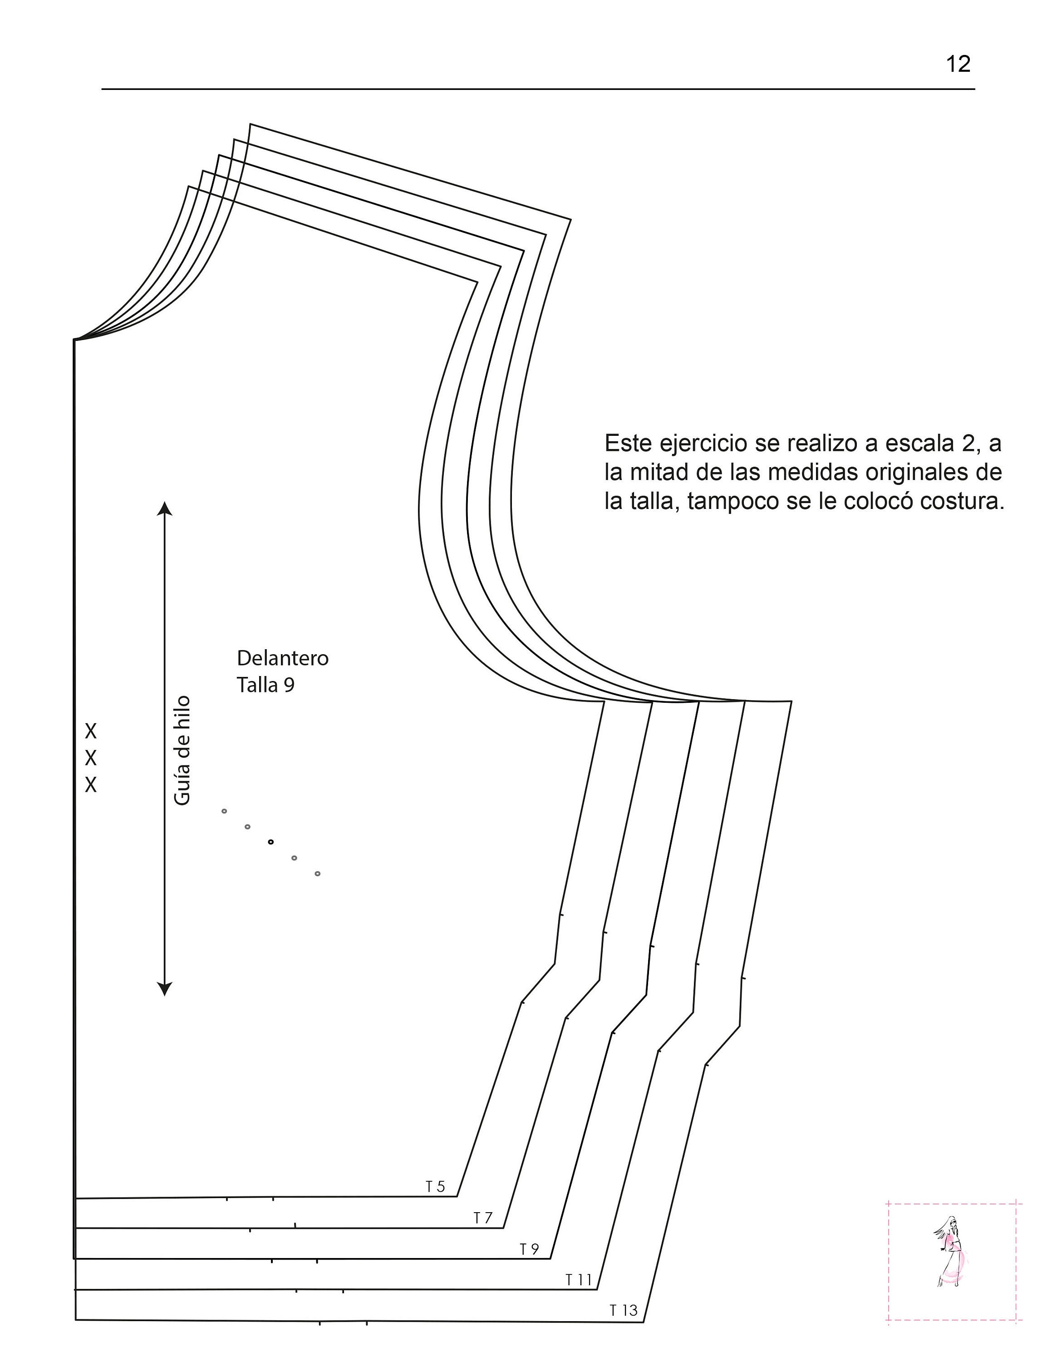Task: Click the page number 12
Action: coord(959,64)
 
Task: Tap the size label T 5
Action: coord(436,1186)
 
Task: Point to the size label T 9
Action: coord(530,1248)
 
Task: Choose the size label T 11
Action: coord(578,1280)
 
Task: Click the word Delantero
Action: coord(282,658)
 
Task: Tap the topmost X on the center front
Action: coord(91,730)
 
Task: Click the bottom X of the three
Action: coord(91,785)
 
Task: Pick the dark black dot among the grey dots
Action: coord(270,842)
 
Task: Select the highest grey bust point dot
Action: coord(224,811)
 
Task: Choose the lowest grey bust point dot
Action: coord(317,873)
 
